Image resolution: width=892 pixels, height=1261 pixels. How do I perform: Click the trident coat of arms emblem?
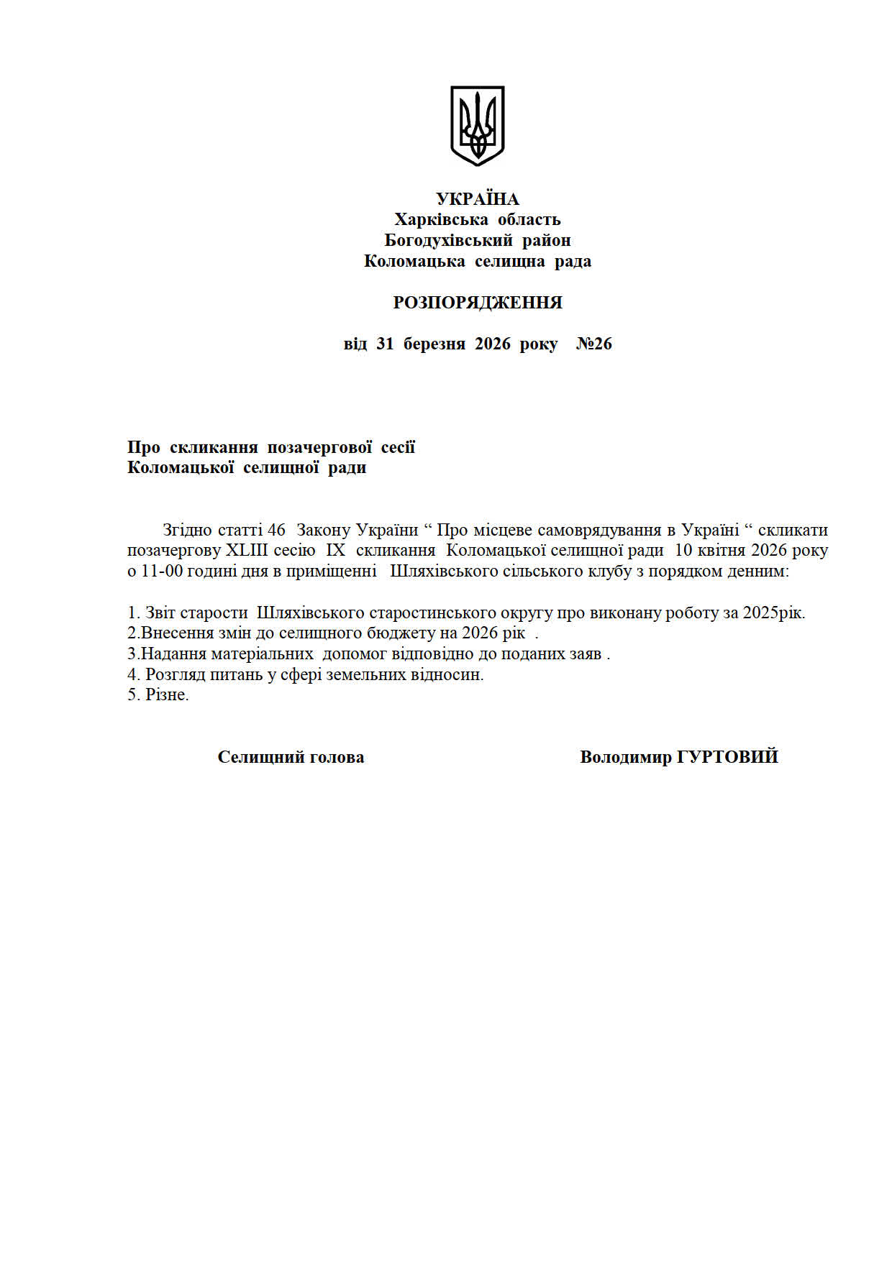click(x=477, y=126)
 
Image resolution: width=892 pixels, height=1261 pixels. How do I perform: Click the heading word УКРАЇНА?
click(x=477, y=199)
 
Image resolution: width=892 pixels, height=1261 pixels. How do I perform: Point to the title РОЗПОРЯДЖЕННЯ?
click(x=477, y=303)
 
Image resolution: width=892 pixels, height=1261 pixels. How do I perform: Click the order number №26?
click(x=594, y=344)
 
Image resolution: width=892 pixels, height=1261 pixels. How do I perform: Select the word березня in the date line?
click(x=434, y=344)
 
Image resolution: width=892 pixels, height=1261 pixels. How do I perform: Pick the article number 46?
click(x=276, y=530)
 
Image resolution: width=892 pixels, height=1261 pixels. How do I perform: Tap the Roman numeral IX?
click(x=336, y=551)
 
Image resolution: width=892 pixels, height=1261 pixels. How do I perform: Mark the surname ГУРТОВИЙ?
click(x=727, y=757)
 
